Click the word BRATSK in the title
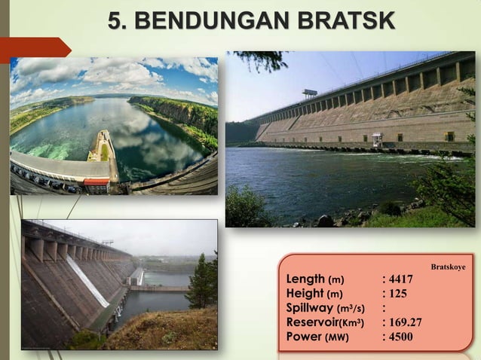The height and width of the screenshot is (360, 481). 344,20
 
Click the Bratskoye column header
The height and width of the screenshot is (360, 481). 447,267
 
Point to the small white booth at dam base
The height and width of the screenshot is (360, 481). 377,139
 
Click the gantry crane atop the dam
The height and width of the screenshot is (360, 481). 309,94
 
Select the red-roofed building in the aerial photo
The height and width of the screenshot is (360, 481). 96,185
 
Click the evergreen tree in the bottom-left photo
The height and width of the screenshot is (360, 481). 201,282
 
